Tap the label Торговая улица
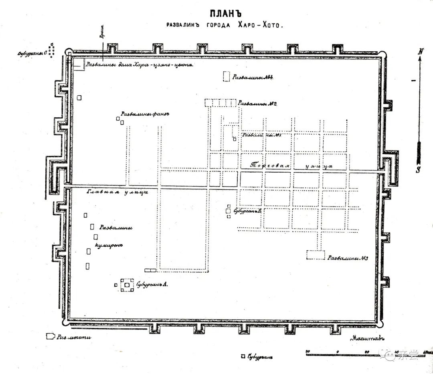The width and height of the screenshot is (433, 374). (x=291, y=165)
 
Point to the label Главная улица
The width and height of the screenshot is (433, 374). (x=117, y=192)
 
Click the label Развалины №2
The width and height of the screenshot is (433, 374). (x=258, y=104)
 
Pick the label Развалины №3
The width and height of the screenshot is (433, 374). (x=348, y=258)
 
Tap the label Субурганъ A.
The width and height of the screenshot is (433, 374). (x=151, y=285)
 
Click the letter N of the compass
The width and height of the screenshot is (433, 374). (x=421, y=51)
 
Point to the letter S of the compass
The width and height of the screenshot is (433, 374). (x=418, y=169)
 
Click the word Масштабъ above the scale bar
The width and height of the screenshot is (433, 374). (x=366, y=338)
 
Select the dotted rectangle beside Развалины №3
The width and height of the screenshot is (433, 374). (x=316, y=255)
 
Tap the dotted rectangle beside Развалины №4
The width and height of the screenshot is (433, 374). (x=227, y=76)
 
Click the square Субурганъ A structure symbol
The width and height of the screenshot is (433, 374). (x=127, y=285)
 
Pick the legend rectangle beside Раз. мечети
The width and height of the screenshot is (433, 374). (x=51, y=336)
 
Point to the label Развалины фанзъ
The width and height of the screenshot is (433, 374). (x=145, y=114)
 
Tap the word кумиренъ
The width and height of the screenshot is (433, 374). (x=108, y=245)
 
